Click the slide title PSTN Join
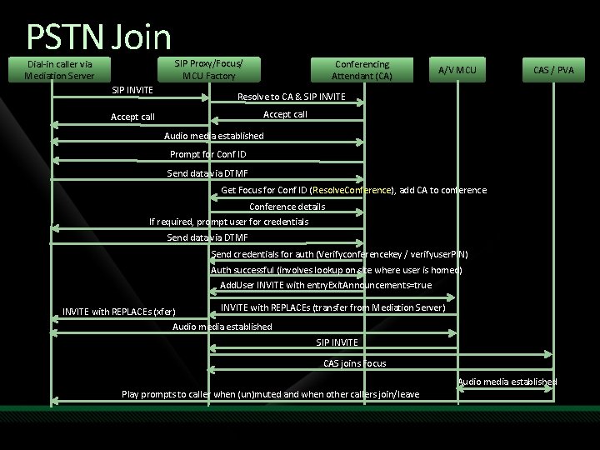click(98, 36)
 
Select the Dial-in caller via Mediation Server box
click(59, 70)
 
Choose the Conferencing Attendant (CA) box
click(362, 70)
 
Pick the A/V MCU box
click(457, 70)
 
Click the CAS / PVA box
click(553, 70)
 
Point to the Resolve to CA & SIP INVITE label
click(291, 97)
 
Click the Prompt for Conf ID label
click(207, 154)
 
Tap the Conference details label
click(287, 207)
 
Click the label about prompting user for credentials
click(228, 222)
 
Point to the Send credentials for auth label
click(339, 253)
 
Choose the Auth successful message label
click(336, 270)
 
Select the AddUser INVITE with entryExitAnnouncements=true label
click(326, 285)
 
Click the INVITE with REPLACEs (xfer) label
click(119, 312)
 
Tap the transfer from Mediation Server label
click(333, 308)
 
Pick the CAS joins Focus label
click(354, 362)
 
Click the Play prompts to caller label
click(270, 393)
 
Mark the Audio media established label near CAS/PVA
click(507, 382)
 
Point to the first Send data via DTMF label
click(207, 173)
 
